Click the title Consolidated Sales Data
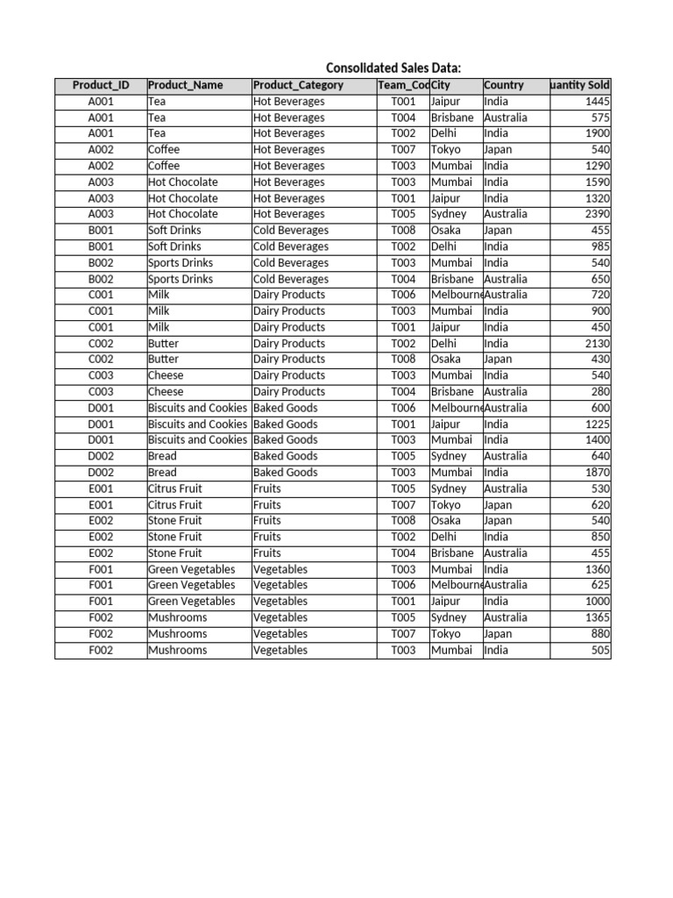click(x=393, y=68)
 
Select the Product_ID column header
click(x=101, y=85)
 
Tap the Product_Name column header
click(x=186, y=85)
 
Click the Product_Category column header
click(x=298, y=85)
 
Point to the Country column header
click(x=504, y=85)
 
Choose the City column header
click(x=441, y=85)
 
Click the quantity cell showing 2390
click(x=597, y=214)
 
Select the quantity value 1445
click(x=597, y=102)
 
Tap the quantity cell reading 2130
click(x=597, y=344)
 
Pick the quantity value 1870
click(x=597, y=473)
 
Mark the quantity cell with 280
click(x=600, y=392)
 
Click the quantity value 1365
click(x=597, y=617)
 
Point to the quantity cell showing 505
click(x=600, y=650)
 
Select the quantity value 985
click(x=600, y=246)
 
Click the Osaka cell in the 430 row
click(x=445, y=360)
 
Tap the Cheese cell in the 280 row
click(x=166, y=392)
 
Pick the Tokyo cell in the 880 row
click(x=445, y=634)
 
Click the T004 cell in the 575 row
click(x=403, y=118)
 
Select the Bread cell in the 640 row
click(x=163, y=456)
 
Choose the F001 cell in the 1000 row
click(x=101, y=602)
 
